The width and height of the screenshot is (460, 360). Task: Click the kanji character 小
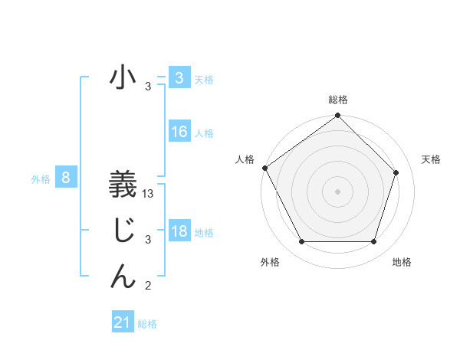(123, 78)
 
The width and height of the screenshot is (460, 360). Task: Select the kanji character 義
(123, 186)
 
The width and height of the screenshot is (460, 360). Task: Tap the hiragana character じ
(123, 231)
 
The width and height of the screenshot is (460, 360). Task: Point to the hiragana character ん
(123, 275)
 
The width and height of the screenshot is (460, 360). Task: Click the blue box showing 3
(179, 78)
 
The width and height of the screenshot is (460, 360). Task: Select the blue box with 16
(179, 132)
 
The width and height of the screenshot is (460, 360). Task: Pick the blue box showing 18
(179, 231)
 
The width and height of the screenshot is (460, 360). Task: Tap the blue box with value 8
(66, 178)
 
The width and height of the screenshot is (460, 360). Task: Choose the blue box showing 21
(123, 322)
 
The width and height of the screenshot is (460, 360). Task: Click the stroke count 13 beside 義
(149, 195)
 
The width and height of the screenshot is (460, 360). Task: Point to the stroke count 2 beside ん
(148, 286)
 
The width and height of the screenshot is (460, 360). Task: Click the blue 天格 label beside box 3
(204, 80)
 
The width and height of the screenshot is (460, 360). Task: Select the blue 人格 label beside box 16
(204, 133)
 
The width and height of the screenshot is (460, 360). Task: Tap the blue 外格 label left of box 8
(41, 179)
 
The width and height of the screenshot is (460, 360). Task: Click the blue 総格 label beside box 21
(147, 324)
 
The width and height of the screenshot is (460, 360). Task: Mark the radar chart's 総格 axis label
(337, 100)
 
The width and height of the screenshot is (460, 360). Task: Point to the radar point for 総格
(337, 116)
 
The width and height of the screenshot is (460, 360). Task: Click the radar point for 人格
(264, 168)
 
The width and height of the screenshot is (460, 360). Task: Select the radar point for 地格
(373, 242)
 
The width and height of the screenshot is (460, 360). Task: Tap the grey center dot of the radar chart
(337, 191)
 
